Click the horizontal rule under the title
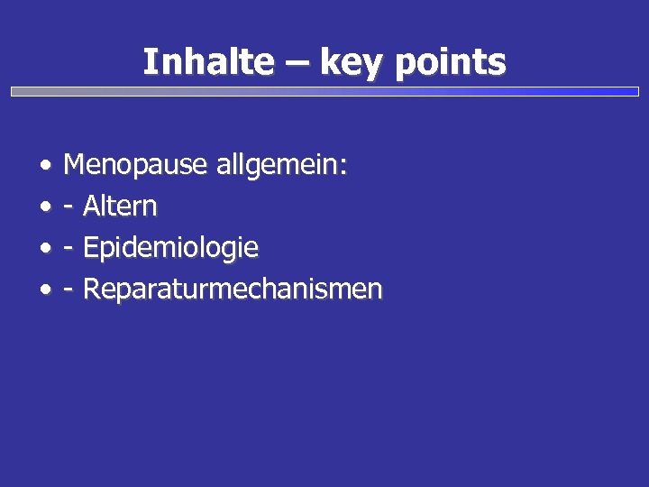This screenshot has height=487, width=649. (x=324, y=91)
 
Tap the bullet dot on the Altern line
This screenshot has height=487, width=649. (x=44, y=208)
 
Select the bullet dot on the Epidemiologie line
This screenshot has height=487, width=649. (x=44, y=250)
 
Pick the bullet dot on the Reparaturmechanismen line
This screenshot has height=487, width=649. (x=44, y=291)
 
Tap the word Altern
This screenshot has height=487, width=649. (x=120, y=207)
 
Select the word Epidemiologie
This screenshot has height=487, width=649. (x=170, y=248)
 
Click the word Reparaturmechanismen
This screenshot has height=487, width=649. (x=233, y=289)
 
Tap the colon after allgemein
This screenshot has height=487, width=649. (x=343, y=168)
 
